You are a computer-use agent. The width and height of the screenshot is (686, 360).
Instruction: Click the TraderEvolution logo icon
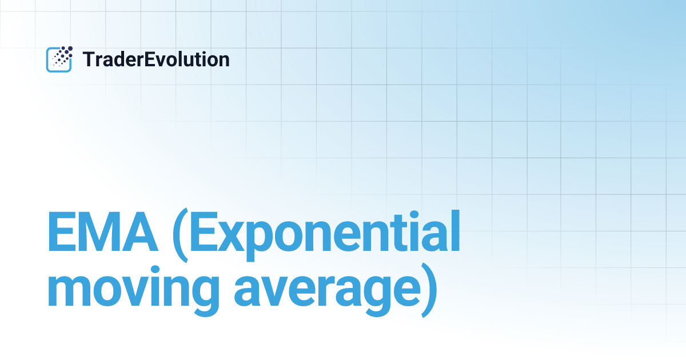pos(59,59)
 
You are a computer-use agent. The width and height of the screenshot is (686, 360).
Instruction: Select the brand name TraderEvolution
pos(156,59)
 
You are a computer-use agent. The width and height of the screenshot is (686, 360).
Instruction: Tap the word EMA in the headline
pos(103,233)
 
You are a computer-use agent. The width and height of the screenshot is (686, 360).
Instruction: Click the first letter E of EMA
pos(62,233)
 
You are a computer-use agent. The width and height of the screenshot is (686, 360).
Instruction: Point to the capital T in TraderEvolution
pos(89,59)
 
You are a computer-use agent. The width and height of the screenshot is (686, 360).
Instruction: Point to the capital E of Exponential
pos(206,233)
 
